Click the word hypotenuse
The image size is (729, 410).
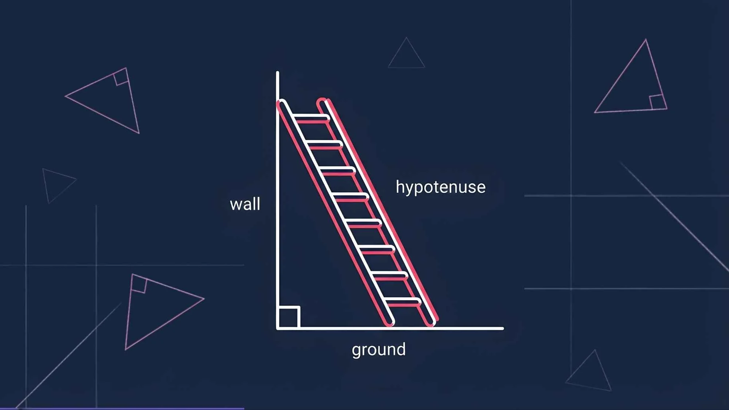440,187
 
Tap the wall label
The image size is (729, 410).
245,204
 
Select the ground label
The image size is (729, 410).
378,350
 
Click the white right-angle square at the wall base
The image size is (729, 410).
289,317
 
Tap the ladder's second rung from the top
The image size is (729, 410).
324,144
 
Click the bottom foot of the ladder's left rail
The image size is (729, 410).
389,323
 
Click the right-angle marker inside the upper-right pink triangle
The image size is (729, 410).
657,102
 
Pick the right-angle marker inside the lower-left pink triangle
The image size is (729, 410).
139,285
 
